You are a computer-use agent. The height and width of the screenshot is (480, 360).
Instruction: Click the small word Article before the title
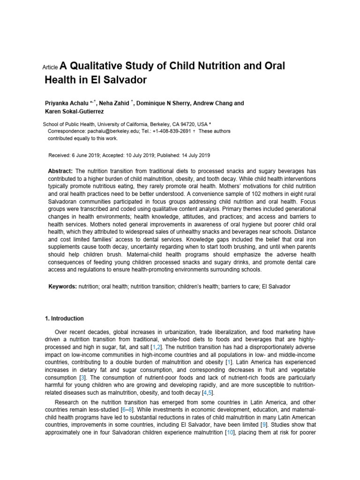click(x=50, y=67)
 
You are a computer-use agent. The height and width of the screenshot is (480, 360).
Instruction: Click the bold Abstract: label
click(x=60, y=171)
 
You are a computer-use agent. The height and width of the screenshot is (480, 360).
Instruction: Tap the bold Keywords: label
click(x=62, y=286)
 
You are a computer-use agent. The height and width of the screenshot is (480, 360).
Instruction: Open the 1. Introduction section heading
click(x=64, y=318)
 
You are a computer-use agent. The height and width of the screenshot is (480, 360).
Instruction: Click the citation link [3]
click(x=82, y=377)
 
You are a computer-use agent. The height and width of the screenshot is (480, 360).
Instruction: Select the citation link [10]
click(x=229, y=433)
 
